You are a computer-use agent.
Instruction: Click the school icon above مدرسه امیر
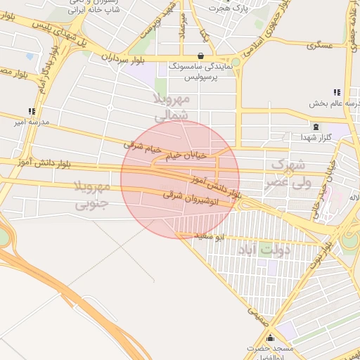(32, 111)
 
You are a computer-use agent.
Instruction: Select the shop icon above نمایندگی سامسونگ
(201, 56)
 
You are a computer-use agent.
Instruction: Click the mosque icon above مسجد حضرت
(271, 338)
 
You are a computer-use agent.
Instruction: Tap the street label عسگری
(319, 44)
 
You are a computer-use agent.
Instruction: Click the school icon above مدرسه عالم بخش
(337, 92)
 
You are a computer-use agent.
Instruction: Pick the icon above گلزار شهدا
(315, 127)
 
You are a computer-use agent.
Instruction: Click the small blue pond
(29, 56)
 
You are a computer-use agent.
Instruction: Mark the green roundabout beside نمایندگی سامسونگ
(236, 62)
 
